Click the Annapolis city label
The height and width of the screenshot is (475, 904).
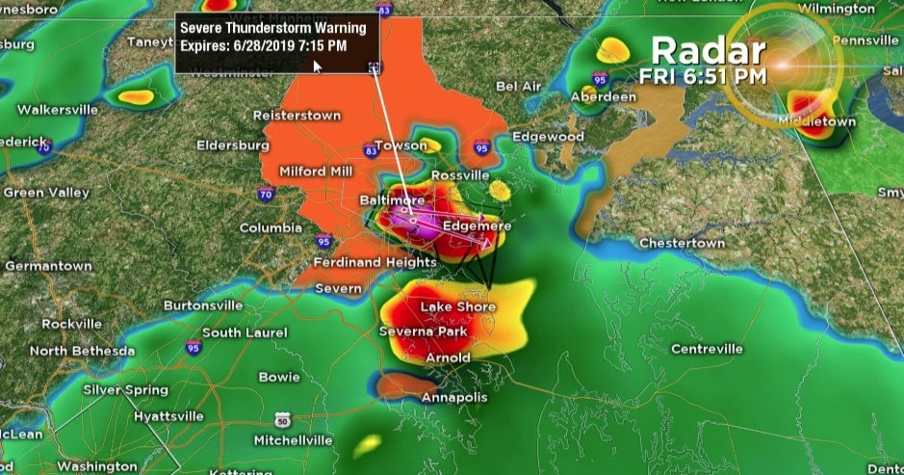click(454, 397)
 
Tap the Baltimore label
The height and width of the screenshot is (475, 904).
click(392, 199)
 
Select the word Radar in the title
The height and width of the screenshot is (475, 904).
click(708, 50)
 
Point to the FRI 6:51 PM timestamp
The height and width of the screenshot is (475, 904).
click(704, 74)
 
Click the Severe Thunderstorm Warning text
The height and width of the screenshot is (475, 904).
click(273, 28)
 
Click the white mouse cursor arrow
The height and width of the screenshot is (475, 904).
click(318, 66)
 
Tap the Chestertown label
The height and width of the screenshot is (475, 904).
click(682, 243)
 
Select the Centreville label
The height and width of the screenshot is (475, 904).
click(707, 348)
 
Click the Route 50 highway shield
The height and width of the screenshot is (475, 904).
click(282, 420)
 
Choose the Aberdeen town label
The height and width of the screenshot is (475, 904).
click(604, 97)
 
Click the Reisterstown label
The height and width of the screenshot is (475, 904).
click(297, 115)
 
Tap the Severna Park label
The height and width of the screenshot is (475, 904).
click(423, 331)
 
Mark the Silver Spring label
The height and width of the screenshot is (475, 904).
click(125, 390)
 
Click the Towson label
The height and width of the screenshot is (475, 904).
click(400, 145)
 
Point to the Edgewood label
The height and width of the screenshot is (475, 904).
click(548, 137)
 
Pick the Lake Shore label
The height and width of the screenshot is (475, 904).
click(458, 307)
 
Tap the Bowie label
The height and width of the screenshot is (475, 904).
click(279, 377)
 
